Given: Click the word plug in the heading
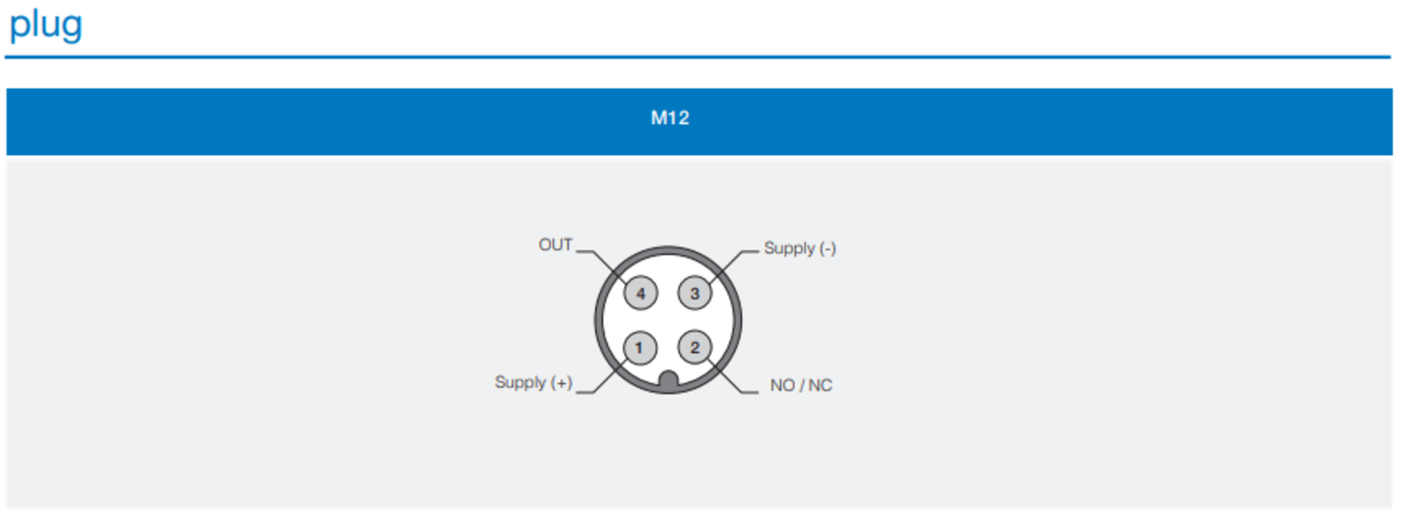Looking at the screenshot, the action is coord(46,26).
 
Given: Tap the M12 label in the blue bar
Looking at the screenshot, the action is coord(670,118).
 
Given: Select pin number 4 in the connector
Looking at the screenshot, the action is coord(641,293).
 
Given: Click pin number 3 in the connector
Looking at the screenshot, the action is coord(695,293).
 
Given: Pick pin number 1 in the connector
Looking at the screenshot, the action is coord(640,348).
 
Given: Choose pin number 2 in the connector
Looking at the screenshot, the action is coord(695,348).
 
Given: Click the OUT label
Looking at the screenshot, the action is coord(556,245).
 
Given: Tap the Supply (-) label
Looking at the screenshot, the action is coord(800,249).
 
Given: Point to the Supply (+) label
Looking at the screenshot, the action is coord(533,382).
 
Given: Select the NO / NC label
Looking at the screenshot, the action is coord(801,385).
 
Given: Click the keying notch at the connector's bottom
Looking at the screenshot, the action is coord(669,380).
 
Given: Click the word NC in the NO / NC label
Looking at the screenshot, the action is coord(820,385).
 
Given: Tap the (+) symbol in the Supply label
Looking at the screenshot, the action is coord(561,382).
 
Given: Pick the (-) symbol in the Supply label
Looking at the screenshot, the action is coord(828,249).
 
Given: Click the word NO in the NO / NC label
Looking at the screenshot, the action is coord(783,385).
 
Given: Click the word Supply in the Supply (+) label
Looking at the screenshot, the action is coord(520,382).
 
